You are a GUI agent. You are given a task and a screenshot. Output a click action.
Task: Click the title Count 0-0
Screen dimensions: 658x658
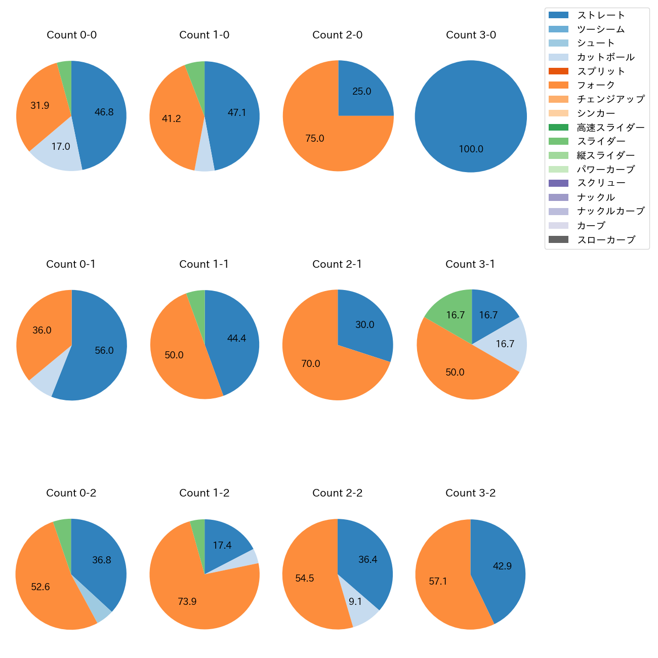(71, 35)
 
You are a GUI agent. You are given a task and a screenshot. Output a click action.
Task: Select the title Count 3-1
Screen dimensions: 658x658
(470, 264)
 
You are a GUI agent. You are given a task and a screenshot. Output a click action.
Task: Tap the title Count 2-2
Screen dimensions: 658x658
(337, 493)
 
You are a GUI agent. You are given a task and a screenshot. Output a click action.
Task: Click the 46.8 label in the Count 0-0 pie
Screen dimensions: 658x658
(104, 112)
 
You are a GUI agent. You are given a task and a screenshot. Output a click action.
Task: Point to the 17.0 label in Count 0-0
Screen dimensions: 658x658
(61, 147)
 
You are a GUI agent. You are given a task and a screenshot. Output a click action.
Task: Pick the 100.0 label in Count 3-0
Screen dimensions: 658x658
(471, 149)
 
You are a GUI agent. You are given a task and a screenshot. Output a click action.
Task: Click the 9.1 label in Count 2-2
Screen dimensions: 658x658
(355, 602)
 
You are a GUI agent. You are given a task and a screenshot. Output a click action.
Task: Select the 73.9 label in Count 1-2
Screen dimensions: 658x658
(187, 602)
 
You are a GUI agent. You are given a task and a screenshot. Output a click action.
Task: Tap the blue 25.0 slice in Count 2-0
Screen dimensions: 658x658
(362, 91)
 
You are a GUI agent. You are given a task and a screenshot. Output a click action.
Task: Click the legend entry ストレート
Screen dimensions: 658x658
(601, 15)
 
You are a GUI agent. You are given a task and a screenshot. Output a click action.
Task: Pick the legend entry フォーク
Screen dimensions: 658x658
(596, 85)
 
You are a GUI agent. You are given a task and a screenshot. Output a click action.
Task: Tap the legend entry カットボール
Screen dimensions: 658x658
(605, 57)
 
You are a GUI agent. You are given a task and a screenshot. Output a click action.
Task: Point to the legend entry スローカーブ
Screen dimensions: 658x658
(606, 240)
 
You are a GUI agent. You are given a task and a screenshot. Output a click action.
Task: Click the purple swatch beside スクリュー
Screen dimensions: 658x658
(558, 183)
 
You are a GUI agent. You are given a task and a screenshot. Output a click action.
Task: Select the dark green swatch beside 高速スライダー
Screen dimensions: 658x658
(558, 127)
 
